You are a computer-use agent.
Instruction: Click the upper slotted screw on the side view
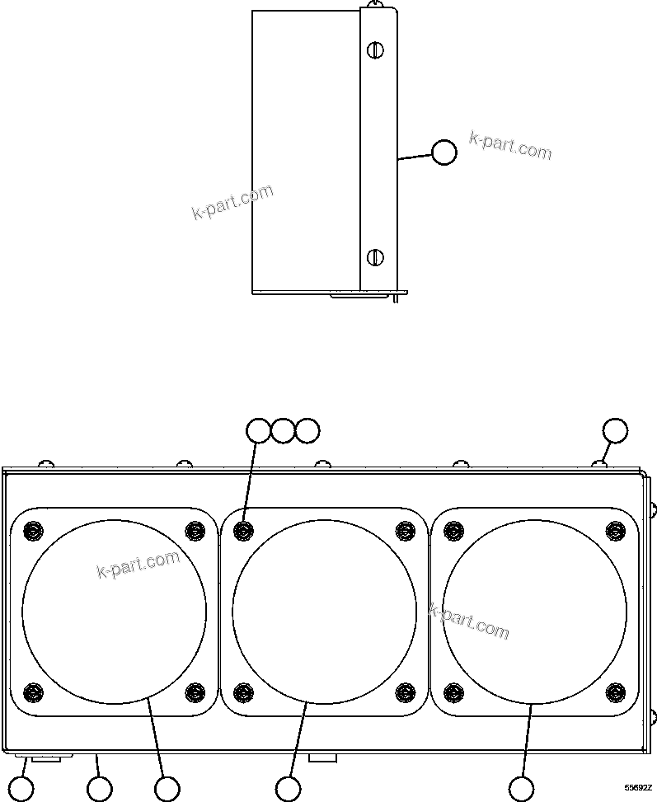(x=375, y=50)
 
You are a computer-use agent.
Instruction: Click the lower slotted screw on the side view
(x=375, y=256)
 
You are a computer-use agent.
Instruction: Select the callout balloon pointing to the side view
(x=444, y=152)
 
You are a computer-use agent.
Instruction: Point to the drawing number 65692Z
(x=636, y=788)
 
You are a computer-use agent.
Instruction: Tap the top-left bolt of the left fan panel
(x=33, y=530)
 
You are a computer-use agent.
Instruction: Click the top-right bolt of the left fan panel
(x=195, y=530)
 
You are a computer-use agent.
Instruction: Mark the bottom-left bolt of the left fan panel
(x=33, y=691)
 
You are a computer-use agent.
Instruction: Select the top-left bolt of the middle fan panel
(x=243, y=530)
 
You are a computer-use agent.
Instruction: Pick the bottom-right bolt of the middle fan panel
(x=405, y=691)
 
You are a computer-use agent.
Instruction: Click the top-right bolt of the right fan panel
(x=615, y=530)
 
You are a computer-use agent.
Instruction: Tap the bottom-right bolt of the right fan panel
(x=615, y=691)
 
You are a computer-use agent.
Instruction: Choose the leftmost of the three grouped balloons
(x=259, y=430)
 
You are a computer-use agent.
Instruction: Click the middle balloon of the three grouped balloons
(x=283, y=430)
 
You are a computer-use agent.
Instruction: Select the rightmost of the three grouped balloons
(x=307, y=430)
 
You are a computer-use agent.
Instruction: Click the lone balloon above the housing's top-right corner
(x=615, y=430)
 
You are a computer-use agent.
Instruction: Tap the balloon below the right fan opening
(x=520, y=788)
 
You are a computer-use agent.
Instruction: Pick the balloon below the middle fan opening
(x=288, y=788)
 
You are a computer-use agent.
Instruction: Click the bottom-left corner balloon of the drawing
(x=21, y=789)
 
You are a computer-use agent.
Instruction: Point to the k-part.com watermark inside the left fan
(x=138, y=564)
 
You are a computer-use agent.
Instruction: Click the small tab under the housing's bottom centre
(x=322, y=757)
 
